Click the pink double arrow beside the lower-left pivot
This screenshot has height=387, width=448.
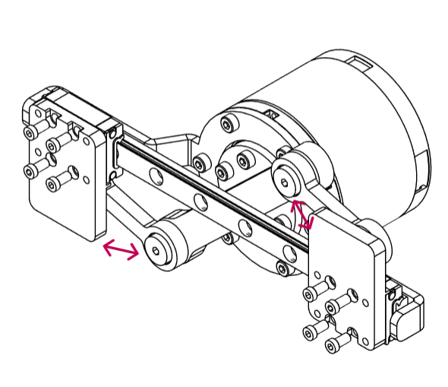121,249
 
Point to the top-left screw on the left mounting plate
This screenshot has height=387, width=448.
30,134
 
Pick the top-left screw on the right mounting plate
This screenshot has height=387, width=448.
312,293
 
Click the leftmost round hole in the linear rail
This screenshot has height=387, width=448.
155,177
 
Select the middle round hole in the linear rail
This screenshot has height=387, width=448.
200,202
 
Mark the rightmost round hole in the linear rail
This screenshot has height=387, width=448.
245,227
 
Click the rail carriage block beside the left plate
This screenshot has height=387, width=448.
115,152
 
